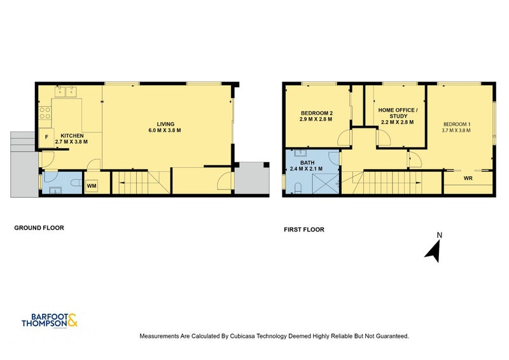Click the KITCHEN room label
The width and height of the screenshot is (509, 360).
tap(72, 135)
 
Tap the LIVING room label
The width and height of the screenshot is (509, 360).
tap(165, 124)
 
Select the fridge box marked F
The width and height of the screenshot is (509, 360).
tap(46, 138)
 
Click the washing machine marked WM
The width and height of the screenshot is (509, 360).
tap(92, 186)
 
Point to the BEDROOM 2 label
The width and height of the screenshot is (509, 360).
tap(316, 113)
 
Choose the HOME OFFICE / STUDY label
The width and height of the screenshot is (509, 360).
tap(398, 113)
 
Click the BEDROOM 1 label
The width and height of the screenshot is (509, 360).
tap(457, 124)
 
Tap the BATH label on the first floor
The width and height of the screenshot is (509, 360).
tap(307, 163)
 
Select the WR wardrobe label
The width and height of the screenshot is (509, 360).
tap(468, 178)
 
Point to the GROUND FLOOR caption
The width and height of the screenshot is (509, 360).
tap(39, 228)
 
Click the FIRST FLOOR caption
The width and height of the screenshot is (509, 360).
tap(304, 230)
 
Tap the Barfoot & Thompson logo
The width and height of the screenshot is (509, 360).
tap(50, 321)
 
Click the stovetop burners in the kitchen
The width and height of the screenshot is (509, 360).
tap(45, 113)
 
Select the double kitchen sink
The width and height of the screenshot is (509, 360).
tap(66, 92)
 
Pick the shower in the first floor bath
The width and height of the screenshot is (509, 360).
tap(326, 184)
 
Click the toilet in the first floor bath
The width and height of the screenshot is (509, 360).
tap(298, 188)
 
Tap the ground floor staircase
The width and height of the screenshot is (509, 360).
tap(141, 183)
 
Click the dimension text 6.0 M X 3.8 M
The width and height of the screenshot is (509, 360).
tap(165, 130)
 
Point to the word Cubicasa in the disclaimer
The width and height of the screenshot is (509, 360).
tap(242, 336)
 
